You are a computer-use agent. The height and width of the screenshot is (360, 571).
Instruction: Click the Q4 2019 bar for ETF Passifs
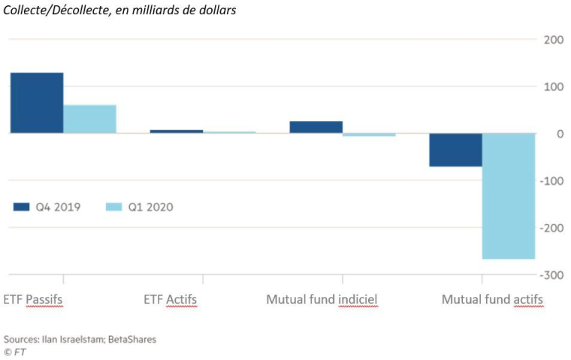[x=36, y=103]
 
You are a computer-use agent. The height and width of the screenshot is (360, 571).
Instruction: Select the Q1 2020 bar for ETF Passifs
[x=89, y=119]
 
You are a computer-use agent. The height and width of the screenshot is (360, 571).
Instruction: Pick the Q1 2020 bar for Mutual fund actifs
[x=508, y=196]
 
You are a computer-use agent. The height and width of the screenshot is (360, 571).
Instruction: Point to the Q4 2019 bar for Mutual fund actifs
[x=455, y=150]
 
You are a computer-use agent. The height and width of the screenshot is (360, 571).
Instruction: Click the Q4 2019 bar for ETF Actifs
[x=176, y=132]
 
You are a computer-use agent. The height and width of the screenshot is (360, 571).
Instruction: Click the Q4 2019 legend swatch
[x=21, y=207]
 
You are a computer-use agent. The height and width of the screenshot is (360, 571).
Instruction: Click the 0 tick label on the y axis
[x=560, y=134]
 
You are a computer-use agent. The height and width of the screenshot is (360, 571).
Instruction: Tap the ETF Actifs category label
[x=170, y=299]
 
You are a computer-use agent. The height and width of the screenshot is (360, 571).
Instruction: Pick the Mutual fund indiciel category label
[x=322, y=299]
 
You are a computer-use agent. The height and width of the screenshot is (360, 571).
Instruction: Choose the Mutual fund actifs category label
[x=492, y=299]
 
